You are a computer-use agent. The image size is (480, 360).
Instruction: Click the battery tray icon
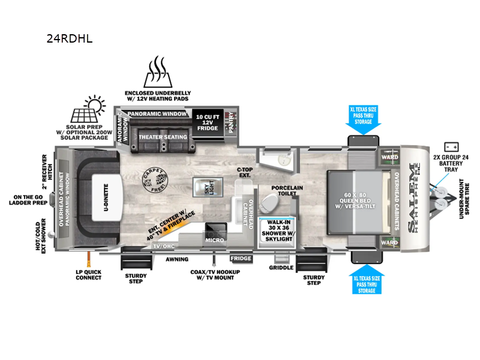point(451,146)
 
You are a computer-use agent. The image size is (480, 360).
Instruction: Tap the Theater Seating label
point(163,137)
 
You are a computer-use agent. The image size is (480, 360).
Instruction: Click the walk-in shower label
point(279,230)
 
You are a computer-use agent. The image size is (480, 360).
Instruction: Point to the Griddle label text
point(281,268)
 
